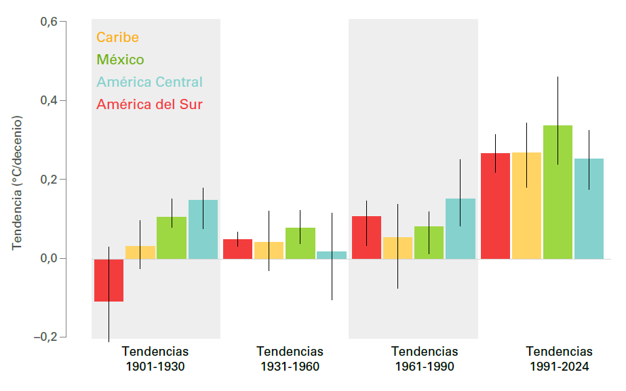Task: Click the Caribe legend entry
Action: point(117,37)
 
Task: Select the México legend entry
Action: point(120,60)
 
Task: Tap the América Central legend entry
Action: point(149,82)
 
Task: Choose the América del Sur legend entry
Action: point(149,104)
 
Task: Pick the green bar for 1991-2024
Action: point(557,192)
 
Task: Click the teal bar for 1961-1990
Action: point(461,228)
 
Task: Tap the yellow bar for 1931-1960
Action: point(269,250)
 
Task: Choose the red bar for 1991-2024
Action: point(495,205)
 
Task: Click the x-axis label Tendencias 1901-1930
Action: point(155,359)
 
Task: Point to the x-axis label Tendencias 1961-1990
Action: point(425,359)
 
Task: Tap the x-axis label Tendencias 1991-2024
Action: point(559,359)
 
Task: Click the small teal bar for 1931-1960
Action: point(332,255)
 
